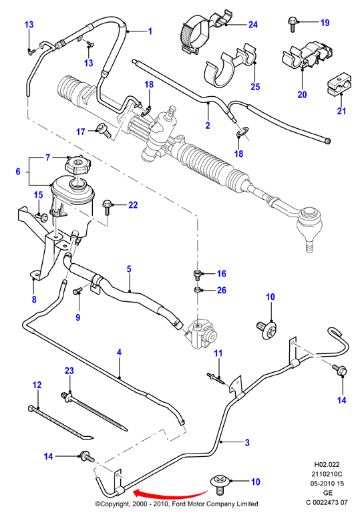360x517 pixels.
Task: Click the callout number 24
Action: [x=253, y=25]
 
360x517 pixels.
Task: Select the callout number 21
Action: [x=341, y=111]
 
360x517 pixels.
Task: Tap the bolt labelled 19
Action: [x=292, y=25]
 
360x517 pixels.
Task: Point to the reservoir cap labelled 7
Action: [x=77, y=164]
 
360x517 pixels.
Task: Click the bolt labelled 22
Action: [x=107, y=207]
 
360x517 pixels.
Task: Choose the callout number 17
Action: [x=81, y=132]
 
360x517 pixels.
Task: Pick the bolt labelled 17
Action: [x=104, y=130]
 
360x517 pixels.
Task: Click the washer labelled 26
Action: [x=198, y=290]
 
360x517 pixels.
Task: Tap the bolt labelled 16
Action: [x=197, y=275]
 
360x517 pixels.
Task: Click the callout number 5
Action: [x=129, y=269]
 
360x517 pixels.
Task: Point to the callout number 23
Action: [x=69, y=371]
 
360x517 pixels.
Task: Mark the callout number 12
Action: [x=37, y=385]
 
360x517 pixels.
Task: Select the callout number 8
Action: [x=34, y=300]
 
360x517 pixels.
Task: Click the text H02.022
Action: [x=327, y=465]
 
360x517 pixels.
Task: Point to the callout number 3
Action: [x=247, y=442]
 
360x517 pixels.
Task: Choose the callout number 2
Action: [x=208, y=126]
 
